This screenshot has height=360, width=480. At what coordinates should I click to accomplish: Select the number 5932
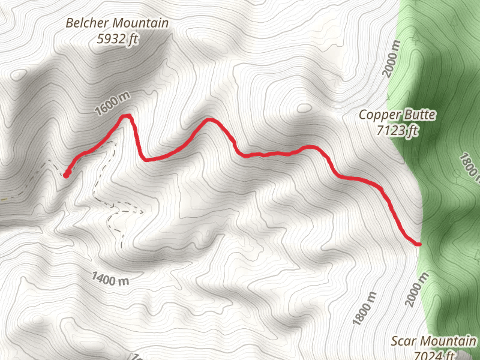click(109, 39)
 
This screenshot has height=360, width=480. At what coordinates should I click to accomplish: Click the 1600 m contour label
click(112, 106)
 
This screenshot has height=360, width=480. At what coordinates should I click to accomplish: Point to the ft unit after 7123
click(413, 130)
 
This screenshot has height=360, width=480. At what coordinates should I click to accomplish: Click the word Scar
click(404, 341)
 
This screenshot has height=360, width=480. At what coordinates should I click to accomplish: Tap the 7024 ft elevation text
click(432, 355)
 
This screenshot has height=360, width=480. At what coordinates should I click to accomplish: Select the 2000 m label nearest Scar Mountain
click(419, 289)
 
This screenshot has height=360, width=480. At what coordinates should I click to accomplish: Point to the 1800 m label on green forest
click(469, 168)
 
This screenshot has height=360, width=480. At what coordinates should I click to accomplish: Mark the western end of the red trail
click(66, 175)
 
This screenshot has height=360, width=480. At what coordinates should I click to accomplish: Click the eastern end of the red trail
click(418, 244)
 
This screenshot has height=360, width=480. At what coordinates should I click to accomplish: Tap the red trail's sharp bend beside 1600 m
click(127, 116)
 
